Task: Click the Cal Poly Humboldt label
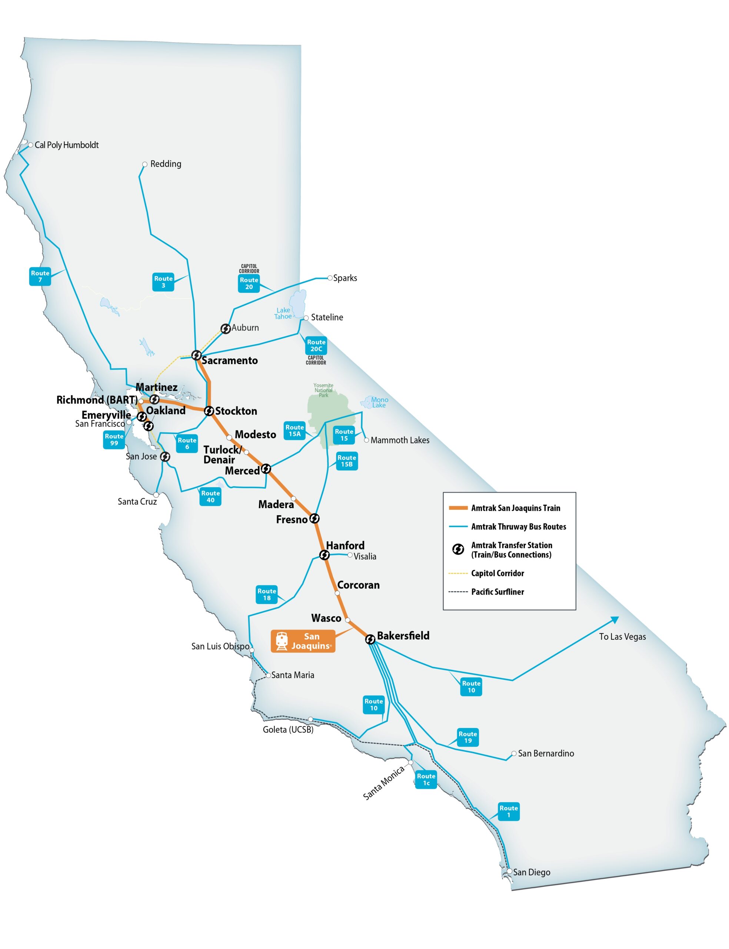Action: coord(66,145)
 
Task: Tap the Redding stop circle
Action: coord(145,165)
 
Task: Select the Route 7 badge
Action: coord(40,277)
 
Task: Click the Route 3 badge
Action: coord(163,282)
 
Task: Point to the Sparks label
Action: coord(345,278)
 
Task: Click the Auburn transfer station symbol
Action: coord(225,329)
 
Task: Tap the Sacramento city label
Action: coord(230,360)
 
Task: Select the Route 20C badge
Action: coord(316,345)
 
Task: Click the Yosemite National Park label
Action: coord(324,390)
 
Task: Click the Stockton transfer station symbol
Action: coord(209,411)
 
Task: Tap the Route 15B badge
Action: coord(347,461)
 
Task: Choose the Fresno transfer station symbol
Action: coord(314,518)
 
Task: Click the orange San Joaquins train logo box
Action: coord(303,641)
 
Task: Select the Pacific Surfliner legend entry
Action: coord(497,592)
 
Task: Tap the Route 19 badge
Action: coord(468,737)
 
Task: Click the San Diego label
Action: coord(532,872)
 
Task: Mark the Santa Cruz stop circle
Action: coord(156,495)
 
